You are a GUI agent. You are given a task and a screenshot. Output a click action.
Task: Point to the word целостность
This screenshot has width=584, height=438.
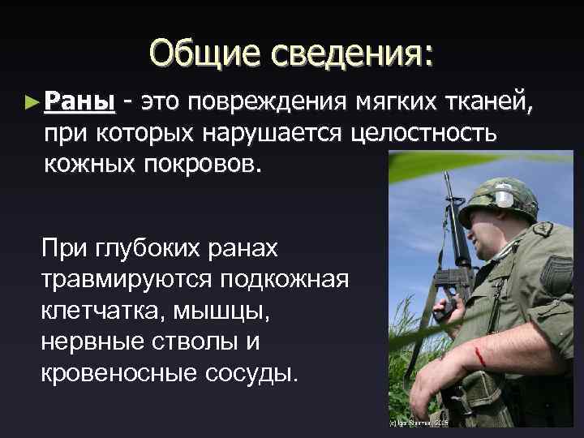coord(422,133)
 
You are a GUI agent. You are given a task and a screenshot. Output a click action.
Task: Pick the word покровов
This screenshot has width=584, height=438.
coord(206,163)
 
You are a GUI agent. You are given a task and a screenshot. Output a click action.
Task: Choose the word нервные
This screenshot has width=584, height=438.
coord(90,341)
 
